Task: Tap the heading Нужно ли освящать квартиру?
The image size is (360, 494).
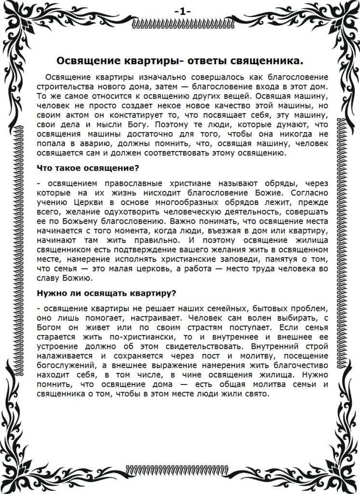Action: pyautogui.click(x=106, y=293)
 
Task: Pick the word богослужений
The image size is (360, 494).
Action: pyautogui.click(x=64, y=365)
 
